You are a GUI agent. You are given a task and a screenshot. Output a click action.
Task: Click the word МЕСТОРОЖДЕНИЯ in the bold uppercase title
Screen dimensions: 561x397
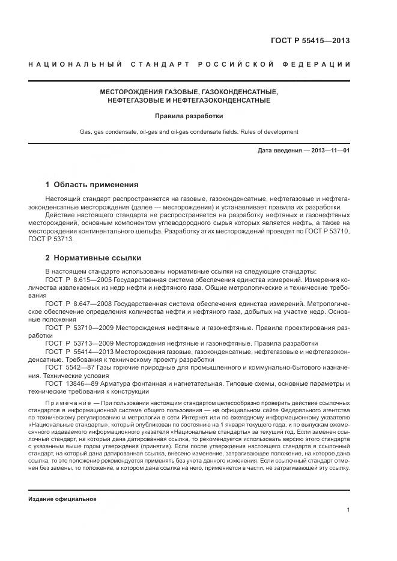129,92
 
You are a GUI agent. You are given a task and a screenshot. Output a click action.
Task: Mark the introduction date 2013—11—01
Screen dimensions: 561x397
332,150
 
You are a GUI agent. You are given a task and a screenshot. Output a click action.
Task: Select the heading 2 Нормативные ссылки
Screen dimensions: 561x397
93,258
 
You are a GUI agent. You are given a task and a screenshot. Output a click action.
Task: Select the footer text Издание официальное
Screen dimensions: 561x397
62,499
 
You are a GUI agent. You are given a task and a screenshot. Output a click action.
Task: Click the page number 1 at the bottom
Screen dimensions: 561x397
348,510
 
